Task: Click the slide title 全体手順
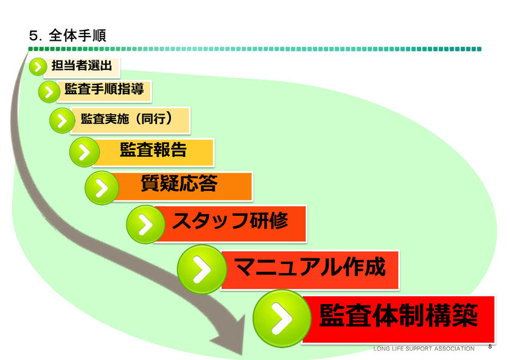click(77, 35)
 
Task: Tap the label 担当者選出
click(82, 66)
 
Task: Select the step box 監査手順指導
click(104, 91)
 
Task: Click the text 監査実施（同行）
click(126, 119)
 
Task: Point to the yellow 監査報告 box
click(153, 153)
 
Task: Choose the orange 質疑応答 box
click(182, 187)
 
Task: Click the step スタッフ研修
click(229, 224)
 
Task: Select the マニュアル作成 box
click(310, 269)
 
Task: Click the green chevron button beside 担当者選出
click(38, 67)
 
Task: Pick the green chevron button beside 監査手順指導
click(49, 92)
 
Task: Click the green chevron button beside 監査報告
click(85, 152)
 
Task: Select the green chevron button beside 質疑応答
click(102, 188)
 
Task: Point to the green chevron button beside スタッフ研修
click(145, 224)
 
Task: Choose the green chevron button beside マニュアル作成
click(202, 269)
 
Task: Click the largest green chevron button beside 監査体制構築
click(282, 319)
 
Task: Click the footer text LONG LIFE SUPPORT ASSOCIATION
click(424, 348)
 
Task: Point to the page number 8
click(490, 347)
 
